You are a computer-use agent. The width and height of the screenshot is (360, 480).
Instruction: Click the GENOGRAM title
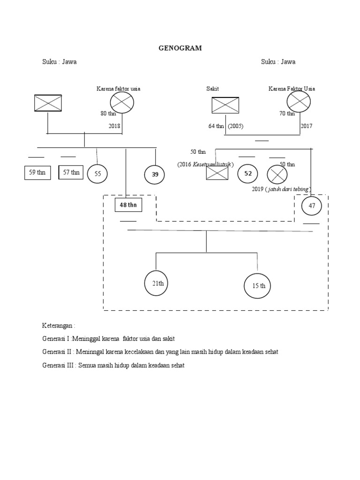(180, 48)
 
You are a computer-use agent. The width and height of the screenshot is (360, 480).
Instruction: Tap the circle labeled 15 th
(258, 286)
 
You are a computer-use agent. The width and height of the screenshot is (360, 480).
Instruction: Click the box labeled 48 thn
(128, 205)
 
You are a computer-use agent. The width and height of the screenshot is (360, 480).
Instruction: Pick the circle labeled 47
(312, 206)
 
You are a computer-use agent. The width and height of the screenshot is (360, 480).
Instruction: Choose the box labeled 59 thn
(37, 172)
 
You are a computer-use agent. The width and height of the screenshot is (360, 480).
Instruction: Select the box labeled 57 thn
(71, 172)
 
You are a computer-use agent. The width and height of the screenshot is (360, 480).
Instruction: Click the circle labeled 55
(97, 173)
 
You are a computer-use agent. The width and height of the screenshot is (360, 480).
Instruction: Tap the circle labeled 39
(155, 174)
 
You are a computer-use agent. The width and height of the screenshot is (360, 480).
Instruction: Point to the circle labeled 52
(248, 174)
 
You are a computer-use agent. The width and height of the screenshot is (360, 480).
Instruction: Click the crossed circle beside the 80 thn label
(122, 103)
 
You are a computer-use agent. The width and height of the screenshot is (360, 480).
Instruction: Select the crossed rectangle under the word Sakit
(225, 105)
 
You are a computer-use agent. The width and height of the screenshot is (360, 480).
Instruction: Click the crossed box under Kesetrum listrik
(217, 173)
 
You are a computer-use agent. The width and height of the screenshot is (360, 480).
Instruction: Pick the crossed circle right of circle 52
(277, 175)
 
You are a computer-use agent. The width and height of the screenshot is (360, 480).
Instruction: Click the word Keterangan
(58, 325)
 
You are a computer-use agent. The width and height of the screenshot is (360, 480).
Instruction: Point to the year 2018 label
(115, 126)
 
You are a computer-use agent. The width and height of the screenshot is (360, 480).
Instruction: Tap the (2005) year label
(236, 126)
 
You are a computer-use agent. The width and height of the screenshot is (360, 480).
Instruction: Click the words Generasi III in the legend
(59, 366)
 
